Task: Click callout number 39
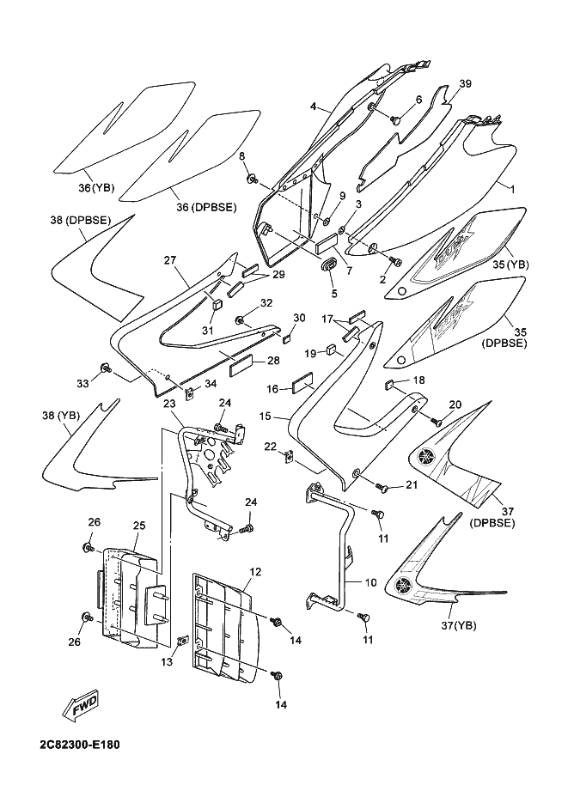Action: tap(465, 83)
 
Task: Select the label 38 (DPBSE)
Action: tap(80, 220)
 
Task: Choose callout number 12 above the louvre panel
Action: tap(255, 571)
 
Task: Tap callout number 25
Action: tap(138, 525)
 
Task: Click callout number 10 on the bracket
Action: tap(370, 582)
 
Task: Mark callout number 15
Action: tap(266, 416)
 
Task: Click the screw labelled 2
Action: tap(396, 260)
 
